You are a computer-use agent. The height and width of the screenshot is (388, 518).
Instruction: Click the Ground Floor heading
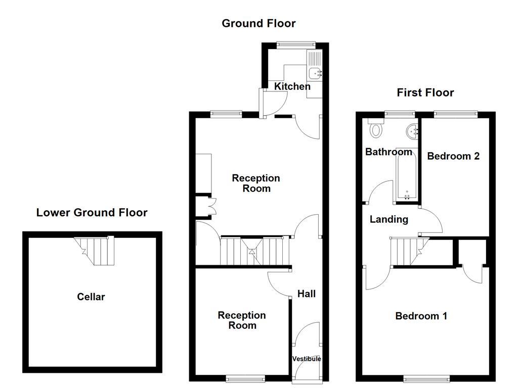[258, 23]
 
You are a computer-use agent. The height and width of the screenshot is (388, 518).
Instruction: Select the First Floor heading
[425, 92]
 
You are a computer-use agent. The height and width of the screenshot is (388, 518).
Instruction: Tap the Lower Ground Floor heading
[92, 213]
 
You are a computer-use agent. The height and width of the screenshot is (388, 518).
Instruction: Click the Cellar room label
[91, 297]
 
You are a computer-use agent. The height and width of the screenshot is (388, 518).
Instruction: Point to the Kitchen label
[292, 86]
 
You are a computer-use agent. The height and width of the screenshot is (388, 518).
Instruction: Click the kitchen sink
[316, 73]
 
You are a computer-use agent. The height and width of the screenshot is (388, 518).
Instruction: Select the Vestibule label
[307, 359]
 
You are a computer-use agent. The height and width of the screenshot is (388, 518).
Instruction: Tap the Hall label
[307, 294]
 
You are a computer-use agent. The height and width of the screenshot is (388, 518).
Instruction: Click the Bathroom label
[388, 152]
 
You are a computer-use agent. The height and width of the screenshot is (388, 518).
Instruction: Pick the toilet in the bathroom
[375, 130]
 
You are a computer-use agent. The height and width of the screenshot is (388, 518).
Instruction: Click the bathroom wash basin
[412, 131]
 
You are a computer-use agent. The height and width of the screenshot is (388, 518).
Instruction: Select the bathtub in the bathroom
[407, 176]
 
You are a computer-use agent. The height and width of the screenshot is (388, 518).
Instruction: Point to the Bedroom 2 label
[453, 156]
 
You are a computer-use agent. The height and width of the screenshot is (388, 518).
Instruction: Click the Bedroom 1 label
[421, 316]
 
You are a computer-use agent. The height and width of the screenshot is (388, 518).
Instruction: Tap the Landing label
[388, 219]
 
